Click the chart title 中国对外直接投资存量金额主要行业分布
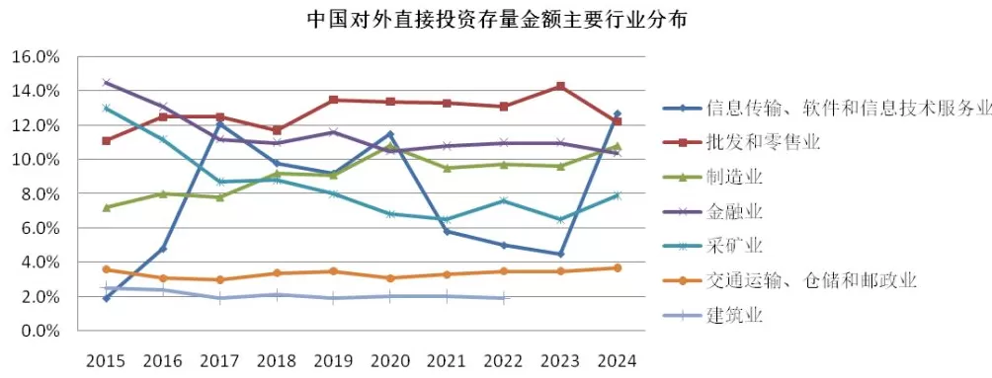[x=496, y=19]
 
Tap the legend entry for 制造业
[x=735, y=178]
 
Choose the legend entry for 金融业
[x=735, y=212]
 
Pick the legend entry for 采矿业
[x=735, y=246]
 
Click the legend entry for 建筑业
[x=735, y=315]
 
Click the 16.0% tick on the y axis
[x=36, y=56]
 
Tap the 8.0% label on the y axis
[x=40, y=193]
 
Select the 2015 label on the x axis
[x=106, y=360]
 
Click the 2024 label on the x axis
[x=618, y=360]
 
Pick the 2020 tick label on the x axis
[x=390, y=360]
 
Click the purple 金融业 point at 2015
[x=106, y=83]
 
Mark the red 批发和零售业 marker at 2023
[x=561, y=87]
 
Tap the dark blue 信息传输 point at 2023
[x=561, y=254]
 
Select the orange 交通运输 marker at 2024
[x=618, y=267]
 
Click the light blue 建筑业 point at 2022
[x=504, y=298]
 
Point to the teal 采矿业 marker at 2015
[x=106, y=109]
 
